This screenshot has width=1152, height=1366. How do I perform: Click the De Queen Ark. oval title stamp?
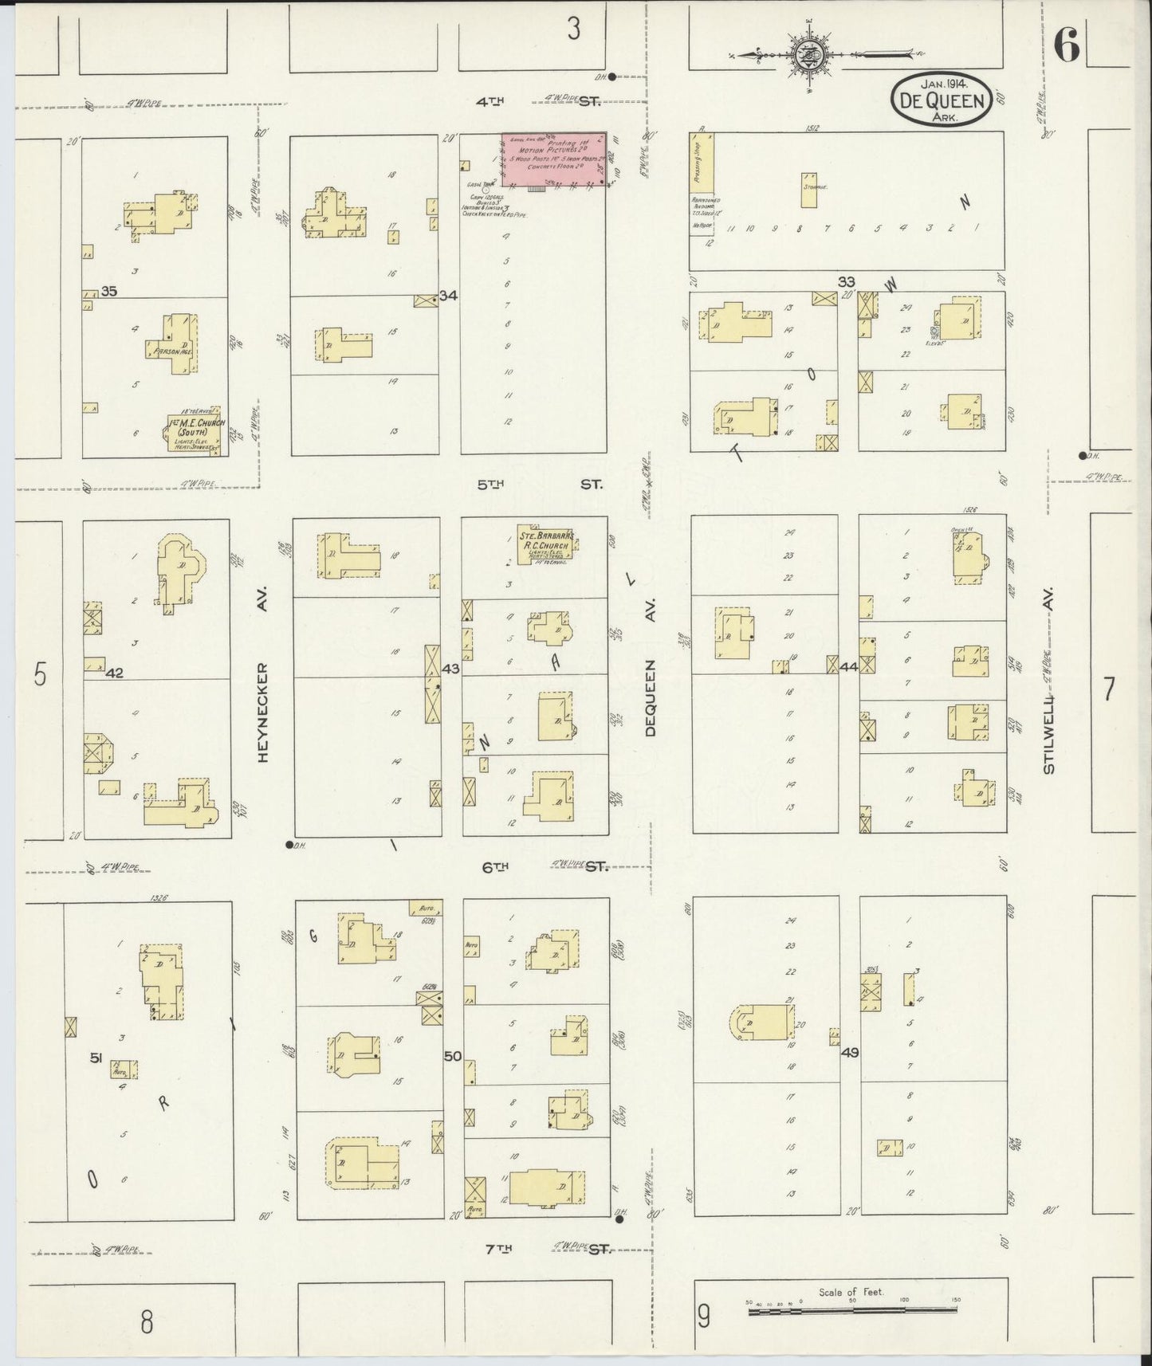[x=942, y=100]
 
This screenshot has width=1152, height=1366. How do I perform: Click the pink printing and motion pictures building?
[x=554, y=159]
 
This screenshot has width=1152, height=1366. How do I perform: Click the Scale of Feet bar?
[x=853, y=1309]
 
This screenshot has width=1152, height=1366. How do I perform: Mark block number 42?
[x=114, y=673]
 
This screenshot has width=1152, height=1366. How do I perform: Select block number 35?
[x=109, y=292]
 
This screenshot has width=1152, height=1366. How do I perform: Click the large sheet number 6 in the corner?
[x=1067, y=46]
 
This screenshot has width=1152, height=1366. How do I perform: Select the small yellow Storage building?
[x=809, y=190]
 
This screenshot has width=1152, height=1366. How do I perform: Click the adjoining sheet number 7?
[x=1109, y=689]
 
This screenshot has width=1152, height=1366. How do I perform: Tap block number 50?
[x=453, y=1057]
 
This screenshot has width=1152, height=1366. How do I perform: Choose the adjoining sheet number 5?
[x=39, y=676]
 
